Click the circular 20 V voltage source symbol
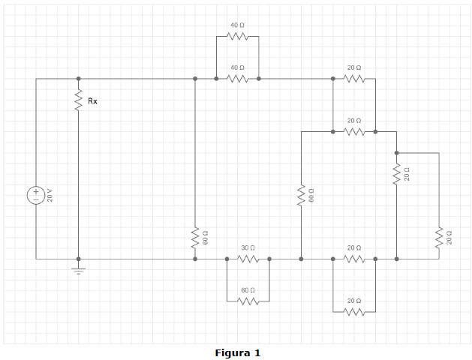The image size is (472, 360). [36, 195]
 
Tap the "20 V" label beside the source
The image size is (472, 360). [50, 195]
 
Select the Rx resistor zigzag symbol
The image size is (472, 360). [79, 100]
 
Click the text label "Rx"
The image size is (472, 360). [93, 101]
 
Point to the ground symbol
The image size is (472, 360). [79, 271]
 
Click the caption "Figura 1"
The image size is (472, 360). [238, 352]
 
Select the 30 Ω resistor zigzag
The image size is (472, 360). [248, 259]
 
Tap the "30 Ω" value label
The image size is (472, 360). [248, 247]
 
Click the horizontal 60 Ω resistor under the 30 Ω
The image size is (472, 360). [248, 301]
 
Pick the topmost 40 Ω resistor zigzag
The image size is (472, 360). [238, 37]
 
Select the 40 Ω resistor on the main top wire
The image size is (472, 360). [238, 79]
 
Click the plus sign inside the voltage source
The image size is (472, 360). [36, 191]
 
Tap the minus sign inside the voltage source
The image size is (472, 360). [36, 199]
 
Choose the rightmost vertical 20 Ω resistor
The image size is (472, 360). [439, 238]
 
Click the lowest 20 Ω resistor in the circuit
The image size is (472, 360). [354, 312]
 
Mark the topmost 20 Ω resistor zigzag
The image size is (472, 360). [354, 79]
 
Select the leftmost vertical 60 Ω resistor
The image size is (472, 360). [195, 238]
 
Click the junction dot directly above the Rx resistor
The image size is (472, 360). [79, 79]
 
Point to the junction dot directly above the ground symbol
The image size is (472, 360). [79, 259]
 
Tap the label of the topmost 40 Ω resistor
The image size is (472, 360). [238, 25]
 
